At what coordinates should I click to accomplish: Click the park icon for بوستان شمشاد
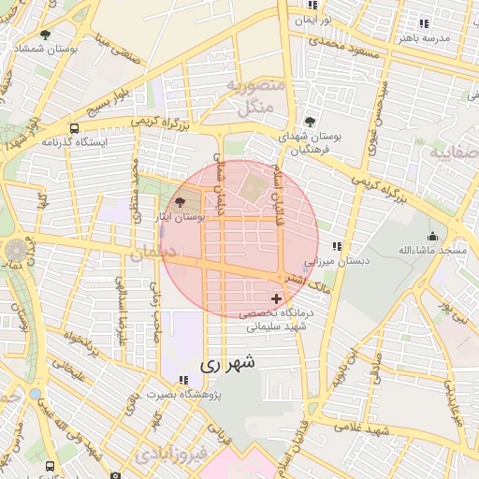(x=45, y=35)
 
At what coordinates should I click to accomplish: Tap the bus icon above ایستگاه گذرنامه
(x=74, y=127)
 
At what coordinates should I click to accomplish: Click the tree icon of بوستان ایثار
(x=181, y=202)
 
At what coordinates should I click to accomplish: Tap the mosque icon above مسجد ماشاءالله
(x=432, y=236)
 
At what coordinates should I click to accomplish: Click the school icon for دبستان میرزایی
(x=337, y=246)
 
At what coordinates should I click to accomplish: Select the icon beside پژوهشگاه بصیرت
(x=184, y=381)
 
